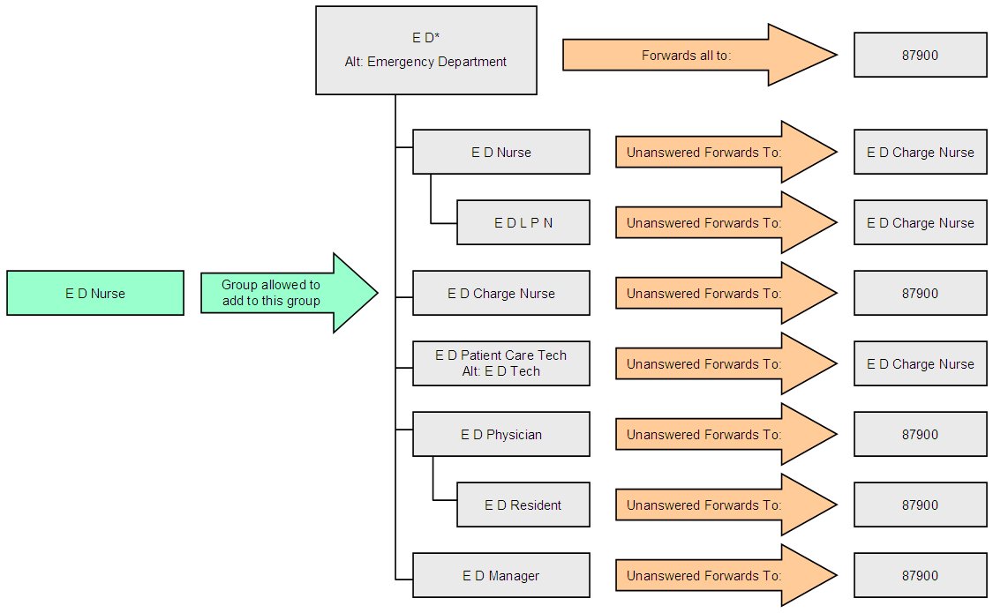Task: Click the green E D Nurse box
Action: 95,293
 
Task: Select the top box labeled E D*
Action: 426,50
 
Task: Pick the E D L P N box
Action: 523,222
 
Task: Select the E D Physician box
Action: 501,434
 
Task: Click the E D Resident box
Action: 523,505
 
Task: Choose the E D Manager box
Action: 501,575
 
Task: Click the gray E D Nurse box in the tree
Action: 501,152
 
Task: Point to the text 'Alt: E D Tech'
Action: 501,371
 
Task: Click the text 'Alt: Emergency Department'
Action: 426,62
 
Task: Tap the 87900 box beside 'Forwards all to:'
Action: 920,55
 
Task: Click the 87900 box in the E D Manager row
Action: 920,575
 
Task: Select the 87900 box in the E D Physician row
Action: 920,434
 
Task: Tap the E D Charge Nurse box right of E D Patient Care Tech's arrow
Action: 920,363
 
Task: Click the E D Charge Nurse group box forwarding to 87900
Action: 501,293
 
